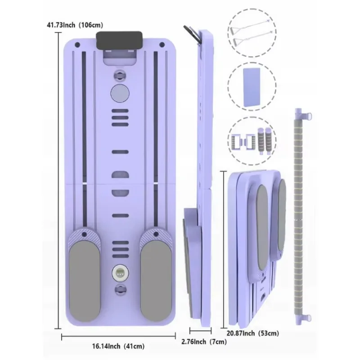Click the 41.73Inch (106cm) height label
point(75,25)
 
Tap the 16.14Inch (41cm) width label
point(118,346)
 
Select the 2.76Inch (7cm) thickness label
point(204,342)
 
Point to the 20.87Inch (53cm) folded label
point(253,333)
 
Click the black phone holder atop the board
point(119,40)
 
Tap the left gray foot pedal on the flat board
point(85,281)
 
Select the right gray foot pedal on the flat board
point(156,281)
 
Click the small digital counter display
point(120,273)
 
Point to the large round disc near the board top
point(120,93)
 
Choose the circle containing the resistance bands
point(252,33)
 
